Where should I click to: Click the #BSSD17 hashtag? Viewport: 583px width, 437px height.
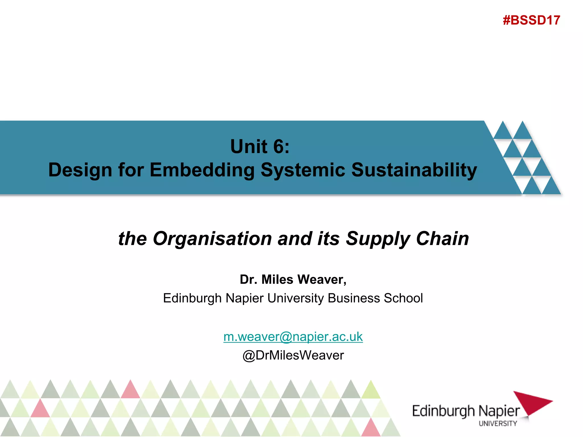click(531, 20)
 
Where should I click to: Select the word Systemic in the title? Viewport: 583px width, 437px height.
click(303, 170)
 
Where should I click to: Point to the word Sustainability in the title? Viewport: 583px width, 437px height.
click(414, 170)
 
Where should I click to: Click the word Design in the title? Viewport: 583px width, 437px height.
click(80, 170)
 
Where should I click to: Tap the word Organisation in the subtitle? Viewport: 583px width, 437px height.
click(212, 238)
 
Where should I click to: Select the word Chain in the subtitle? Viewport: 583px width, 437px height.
click(442, 238)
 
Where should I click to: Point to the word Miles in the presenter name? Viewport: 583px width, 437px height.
click(277, 280)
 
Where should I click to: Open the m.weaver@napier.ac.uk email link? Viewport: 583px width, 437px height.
click(293, 337)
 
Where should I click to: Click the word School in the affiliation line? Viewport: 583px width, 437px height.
click(403, 298)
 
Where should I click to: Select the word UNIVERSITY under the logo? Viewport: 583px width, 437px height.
click(498, 424)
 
